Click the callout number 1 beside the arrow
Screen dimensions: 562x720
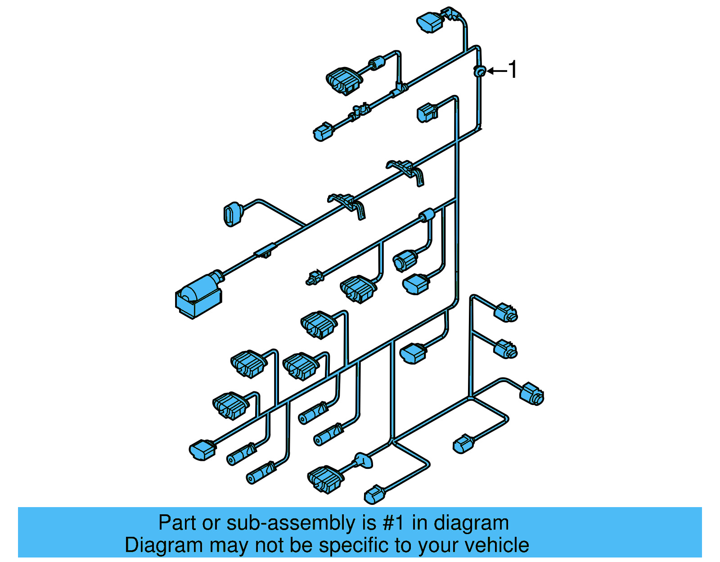512,70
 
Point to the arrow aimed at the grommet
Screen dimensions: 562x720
497,71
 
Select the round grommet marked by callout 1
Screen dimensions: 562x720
480,71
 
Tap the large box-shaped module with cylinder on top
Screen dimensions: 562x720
198,295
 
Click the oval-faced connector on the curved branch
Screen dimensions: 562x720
232,214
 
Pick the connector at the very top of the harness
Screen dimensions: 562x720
431,21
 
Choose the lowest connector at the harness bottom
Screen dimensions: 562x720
374,495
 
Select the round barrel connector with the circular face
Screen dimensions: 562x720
404,261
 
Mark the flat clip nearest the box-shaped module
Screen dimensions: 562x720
266,251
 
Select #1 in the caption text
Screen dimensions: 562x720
393,523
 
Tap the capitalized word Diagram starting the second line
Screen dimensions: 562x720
164,545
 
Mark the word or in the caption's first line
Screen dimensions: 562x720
211,523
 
